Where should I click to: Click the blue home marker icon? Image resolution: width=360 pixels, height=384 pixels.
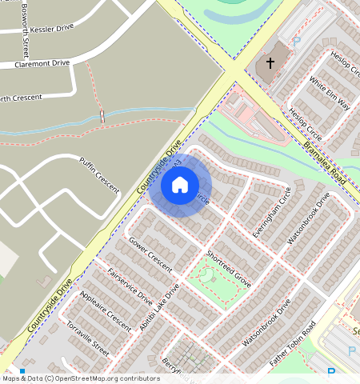(180, 185)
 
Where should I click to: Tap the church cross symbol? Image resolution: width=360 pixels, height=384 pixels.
(270, 62)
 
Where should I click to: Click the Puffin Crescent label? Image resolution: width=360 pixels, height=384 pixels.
(98, 174)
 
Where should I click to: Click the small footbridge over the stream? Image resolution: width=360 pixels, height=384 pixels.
(102, 118)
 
